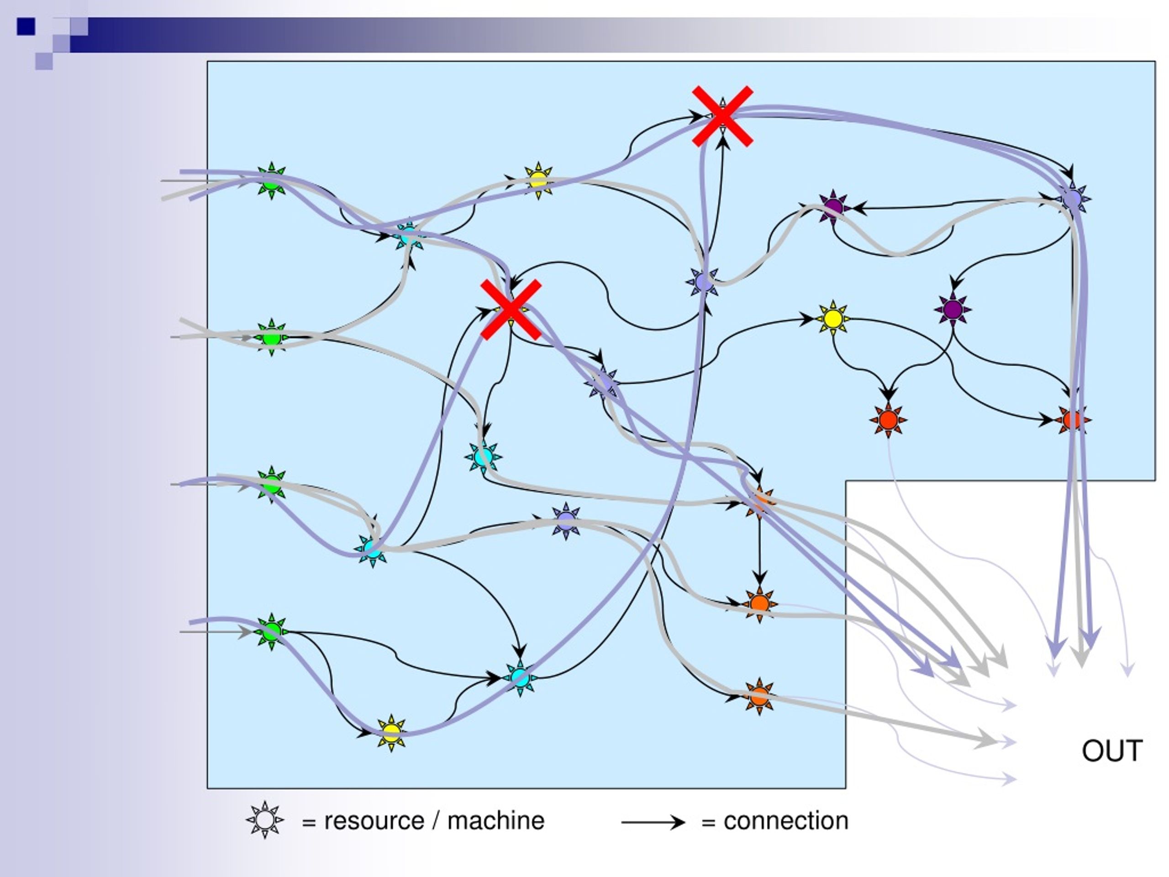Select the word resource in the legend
point(374,821)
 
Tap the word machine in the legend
point(496,820)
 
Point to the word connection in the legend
point(786,821)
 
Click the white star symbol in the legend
point(265,820)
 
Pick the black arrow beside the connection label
point(653,822)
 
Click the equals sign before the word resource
point(309,823)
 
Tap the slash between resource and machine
point(436,820)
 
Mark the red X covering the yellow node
point(511,310)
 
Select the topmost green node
point(271,181)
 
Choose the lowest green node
point(272,631)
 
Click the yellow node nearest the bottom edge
point(391,733)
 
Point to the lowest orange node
point(759,696)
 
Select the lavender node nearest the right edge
point(1072,199)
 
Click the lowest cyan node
point(520,678)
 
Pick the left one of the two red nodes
point(888,420)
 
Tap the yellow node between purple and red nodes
point(833,319)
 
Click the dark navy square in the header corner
point(26,26)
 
